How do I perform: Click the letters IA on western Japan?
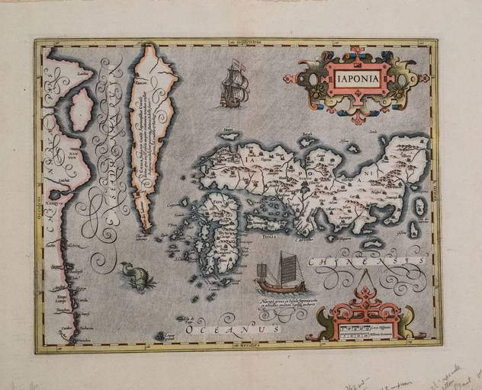click(x=251, y=161)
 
